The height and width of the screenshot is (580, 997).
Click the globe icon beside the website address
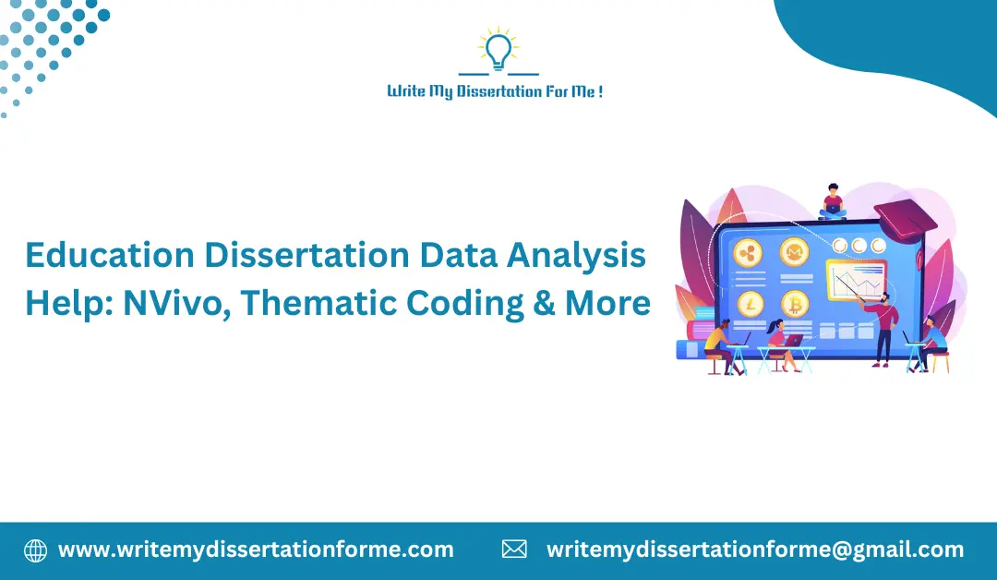point(35,550)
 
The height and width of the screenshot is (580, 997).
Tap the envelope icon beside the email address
point(514,550)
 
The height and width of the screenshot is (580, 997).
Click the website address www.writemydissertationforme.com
point(256,550)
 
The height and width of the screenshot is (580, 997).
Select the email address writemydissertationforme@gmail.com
point(755,550)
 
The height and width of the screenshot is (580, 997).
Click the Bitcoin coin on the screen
point(794,303)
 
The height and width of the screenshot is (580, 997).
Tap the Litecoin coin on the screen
point(747,303)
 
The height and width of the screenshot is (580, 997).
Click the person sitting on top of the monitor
point(833,202)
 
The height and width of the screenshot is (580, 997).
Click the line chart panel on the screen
point(856,280)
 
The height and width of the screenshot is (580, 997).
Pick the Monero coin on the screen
point(794,251)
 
